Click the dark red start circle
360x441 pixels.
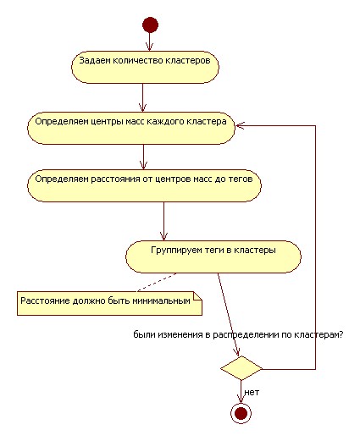pyautogui.click(x=150, y=25)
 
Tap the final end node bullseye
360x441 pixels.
pyautogui.click(x=241, y=414)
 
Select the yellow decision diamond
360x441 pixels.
pyautogui.click(x=241, y=368)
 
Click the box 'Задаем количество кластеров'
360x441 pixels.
pyautogui.click(x=145, y=67)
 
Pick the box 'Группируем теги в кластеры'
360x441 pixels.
pyautogui.click(x=213, y=256)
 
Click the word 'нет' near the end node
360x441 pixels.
pyautogui.click(x=252, y=392)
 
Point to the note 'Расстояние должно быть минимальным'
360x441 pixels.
pyautogui.click(x=109, y=303)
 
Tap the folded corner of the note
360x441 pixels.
pyautogui.click(x=197, y=296)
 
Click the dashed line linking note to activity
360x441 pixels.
pyautogui.click(x=157, y=282)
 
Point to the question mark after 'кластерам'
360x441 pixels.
pyautogui.click(x=341, y=334)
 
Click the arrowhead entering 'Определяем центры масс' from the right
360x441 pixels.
pyautogui.click(x=240, y=125)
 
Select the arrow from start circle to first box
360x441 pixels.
pyautogui.click(x=150, y=42)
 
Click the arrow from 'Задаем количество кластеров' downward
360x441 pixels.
pyautogui.click(x=143, y=97)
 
